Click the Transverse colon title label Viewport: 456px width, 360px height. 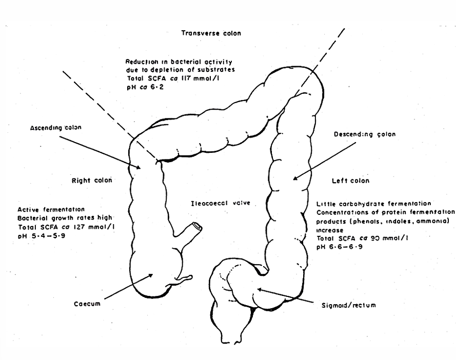pos(211,33)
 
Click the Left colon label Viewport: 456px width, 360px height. pos(351,181)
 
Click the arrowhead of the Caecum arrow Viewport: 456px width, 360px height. pos(152,275)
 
